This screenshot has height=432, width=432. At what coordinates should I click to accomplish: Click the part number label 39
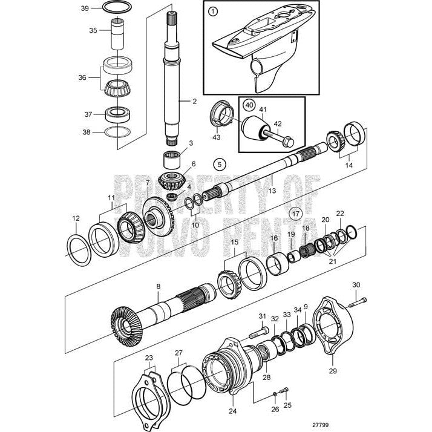(85, 8)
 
